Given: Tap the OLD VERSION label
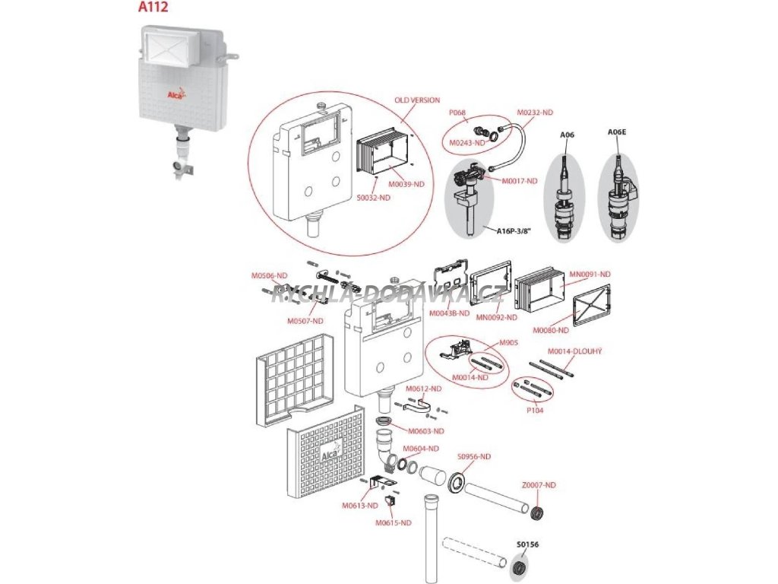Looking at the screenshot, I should click(x=417, y=100).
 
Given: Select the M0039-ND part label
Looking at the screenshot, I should click(x=406, y=185).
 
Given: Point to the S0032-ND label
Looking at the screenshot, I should click(x=374, y=198).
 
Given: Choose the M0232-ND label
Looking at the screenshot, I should click(x=534, y=113).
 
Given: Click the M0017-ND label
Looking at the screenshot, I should click(x=520, y=180).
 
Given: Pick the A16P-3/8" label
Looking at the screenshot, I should click(x=514, y=232).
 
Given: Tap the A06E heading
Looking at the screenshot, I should click(x=616, y=132).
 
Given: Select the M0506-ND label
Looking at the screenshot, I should click(x=270, y=275).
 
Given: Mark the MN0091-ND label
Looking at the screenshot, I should click(x=590, y=274).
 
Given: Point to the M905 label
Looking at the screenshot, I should click(x=508, y=343).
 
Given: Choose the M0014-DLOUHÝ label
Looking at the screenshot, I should click(x=575, y=351).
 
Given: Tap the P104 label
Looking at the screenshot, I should click(x=534, y=410).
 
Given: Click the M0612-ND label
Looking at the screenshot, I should click(x=423, y=389).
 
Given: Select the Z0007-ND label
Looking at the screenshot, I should click(x=539, y=485).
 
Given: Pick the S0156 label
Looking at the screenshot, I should click(x=524, y=544).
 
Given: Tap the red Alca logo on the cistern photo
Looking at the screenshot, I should click(x=177, y=94).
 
